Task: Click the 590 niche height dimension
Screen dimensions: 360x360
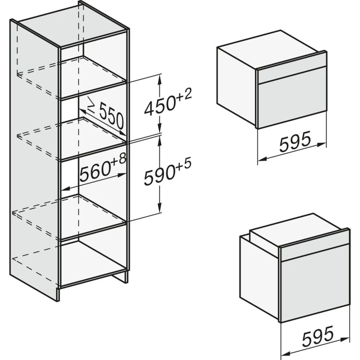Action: [x=159, y=176]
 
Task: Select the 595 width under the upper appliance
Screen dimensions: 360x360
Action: [x=295, y=141]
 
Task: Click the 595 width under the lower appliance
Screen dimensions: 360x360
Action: [x=318, y=336]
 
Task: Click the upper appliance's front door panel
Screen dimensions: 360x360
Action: [x=292, y=103]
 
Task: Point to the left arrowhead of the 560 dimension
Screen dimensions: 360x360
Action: [x=66, y=189]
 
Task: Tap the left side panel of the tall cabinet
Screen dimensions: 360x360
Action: [x=34, y=158]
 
